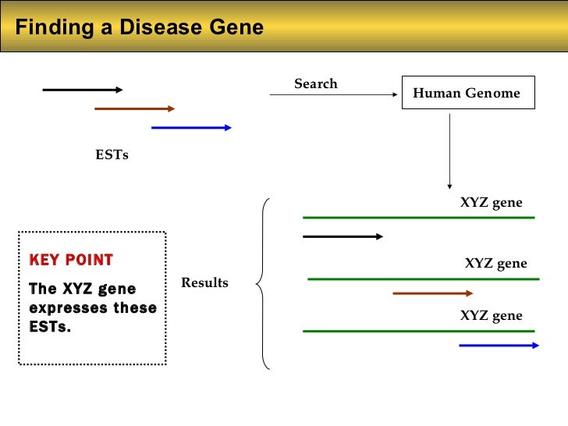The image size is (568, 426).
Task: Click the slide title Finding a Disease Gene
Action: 140,28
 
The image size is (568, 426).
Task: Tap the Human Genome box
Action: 466,94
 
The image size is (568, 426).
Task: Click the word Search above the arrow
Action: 315,83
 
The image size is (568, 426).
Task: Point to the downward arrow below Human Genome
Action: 449,152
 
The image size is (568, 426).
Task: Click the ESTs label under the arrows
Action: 112,154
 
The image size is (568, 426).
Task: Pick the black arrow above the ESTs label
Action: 83,90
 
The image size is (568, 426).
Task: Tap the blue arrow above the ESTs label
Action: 191,127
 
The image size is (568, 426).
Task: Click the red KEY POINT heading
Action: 71,260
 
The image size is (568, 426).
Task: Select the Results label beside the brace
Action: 204,282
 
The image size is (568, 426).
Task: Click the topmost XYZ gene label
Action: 491,203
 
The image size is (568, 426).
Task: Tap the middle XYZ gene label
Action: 495,264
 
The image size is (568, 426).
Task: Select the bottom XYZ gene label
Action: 491,316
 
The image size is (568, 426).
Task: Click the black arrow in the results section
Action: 343,236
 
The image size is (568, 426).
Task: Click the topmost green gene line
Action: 418,217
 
